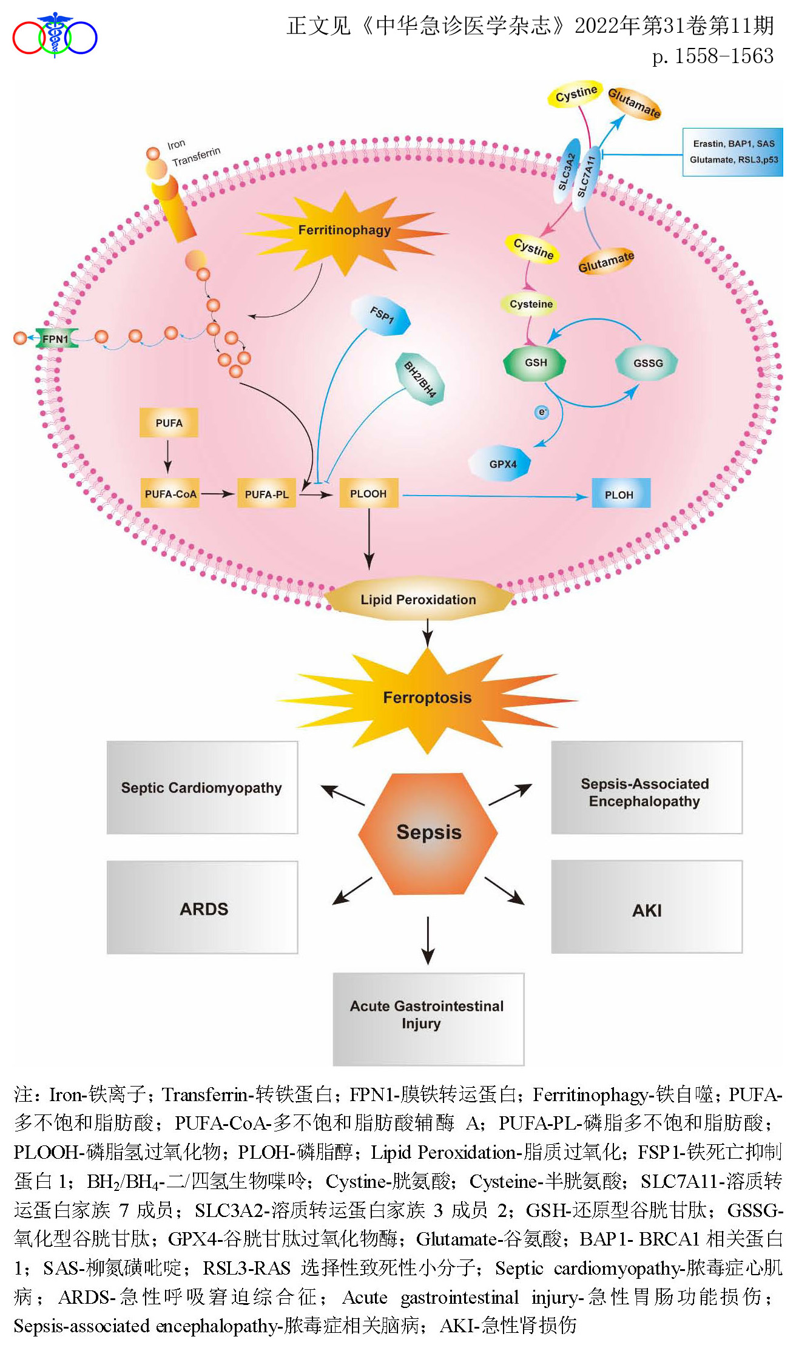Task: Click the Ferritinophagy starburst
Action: [x=345, y=231]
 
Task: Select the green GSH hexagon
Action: [x=535, y=363]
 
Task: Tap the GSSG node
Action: [x=647, y=363]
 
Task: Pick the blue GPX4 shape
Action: [x=501, y=464]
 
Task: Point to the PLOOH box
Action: [x=368, y=493]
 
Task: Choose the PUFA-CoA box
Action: [x=170, y=494]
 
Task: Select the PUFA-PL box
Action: [x=266, y=494]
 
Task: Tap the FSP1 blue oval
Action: [x=382, y=315]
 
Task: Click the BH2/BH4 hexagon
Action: [x=420, y=379]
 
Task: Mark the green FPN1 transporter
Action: [x=56, y=339]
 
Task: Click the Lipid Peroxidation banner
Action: [x=419, y=599]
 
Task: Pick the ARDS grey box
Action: [x=203, y=908]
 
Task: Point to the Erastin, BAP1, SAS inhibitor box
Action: [x=733, y=152]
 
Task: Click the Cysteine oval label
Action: [x=531, y=304]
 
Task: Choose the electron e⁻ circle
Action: [x=542, y=413]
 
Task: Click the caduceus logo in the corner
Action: [x=55, y=35]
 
